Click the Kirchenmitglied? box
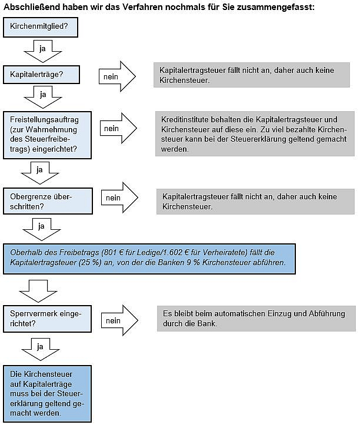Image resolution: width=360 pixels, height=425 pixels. coord(41,27)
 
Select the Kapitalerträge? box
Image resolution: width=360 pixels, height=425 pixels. coord(41,75)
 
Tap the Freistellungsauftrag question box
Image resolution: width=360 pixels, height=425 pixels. coord(47,135)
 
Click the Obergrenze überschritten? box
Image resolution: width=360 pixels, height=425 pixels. coord(48,201)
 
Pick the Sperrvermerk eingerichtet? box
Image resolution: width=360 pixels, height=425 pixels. coord(47,319)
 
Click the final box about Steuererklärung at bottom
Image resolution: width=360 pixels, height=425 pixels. coord(47,394)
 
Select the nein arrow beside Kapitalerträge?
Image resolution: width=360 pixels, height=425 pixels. coord(117,76)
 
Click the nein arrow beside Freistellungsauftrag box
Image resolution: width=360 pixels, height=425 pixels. coord(118,128)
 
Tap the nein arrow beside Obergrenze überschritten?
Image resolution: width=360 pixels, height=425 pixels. coord(119,198)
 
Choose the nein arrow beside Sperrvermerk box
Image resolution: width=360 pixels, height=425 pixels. coord(119,320)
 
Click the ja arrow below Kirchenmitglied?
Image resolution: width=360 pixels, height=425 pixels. coord(42,52)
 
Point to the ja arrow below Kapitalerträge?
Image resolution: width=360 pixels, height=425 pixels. coord(42,98)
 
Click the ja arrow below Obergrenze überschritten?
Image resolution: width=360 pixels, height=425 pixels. coord(42,229)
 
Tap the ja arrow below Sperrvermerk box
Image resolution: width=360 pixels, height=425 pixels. coord(40,349)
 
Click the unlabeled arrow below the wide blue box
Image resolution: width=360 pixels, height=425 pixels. coord(38,291)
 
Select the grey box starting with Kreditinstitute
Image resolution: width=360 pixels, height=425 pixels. coord(255,134)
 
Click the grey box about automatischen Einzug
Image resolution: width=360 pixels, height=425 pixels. coord(256,319)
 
